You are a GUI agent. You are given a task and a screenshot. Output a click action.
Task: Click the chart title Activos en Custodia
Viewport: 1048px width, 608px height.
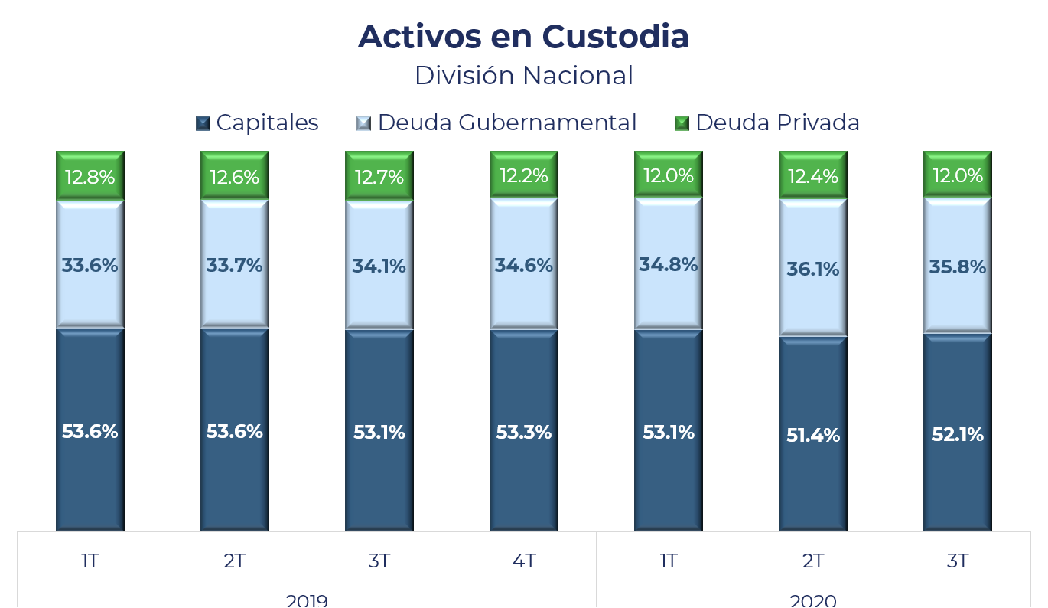(x=523, y=37)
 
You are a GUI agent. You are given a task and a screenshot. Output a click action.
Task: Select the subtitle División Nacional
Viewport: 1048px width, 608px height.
(x=523, y=76)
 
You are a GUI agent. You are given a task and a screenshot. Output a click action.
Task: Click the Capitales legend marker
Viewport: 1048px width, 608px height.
(x=203, y=123)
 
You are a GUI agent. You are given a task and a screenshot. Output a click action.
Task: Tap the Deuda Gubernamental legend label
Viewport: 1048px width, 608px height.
(x=506, y=123)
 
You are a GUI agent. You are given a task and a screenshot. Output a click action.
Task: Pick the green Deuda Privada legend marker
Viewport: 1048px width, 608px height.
(x=682, y=123)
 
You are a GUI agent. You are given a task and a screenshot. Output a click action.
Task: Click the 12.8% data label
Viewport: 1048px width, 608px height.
(x=90, y=178)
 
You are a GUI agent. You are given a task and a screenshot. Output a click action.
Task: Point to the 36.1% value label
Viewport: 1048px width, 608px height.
(x=812, y=270)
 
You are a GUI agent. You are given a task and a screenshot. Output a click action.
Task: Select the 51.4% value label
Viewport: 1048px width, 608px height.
(x=812, y=436)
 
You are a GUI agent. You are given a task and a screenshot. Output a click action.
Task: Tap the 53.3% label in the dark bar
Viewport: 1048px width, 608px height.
(x=523, y=433)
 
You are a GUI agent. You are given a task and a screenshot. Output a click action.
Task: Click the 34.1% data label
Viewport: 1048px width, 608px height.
(x=379, y=266)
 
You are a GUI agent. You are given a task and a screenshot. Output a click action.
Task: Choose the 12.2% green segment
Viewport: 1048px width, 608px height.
(x=523, y=176)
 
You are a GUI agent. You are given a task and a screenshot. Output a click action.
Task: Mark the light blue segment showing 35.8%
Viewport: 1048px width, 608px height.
(x=957, y=267)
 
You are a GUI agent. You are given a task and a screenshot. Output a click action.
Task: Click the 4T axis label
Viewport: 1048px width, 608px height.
(x=523, y=561)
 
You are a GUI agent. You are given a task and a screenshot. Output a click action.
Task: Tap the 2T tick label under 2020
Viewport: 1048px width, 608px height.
(x=812, y=561)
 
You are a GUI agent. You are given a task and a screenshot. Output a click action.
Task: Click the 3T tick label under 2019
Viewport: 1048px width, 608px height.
(x=379, y=561)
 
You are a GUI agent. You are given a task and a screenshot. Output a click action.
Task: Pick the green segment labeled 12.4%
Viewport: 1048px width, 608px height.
(x=812, y=177)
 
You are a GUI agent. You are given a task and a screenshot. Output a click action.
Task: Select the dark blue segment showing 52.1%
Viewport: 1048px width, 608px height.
(x=957, y=434)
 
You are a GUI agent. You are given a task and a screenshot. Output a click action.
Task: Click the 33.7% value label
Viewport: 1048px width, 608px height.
(x=234, y=266)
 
